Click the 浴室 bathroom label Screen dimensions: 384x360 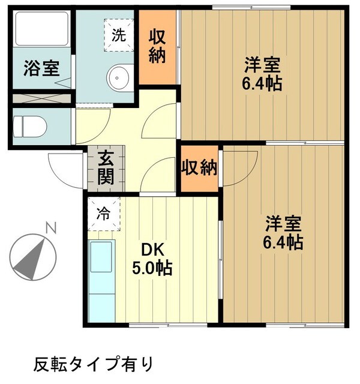click(x=41, y=68)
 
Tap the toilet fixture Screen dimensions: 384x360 click(x=30, y=126)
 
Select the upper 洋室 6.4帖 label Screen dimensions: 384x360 click(x=262, y=73)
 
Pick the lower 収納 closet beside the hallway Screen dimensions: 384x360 click(x=200, y=169)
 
